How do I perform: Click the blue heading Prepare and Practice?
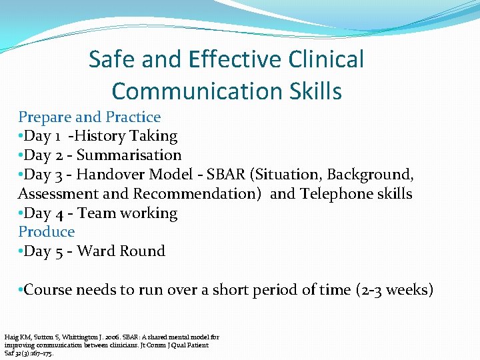(x=89, y=117)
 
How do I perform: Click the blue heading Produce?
(x=47, y=232)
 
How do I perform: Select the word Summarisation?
(x=129, y=155)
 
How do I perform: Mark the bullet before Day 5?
(x=21, y=252)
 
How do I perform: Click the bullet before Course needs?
(x=21, y=291)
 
